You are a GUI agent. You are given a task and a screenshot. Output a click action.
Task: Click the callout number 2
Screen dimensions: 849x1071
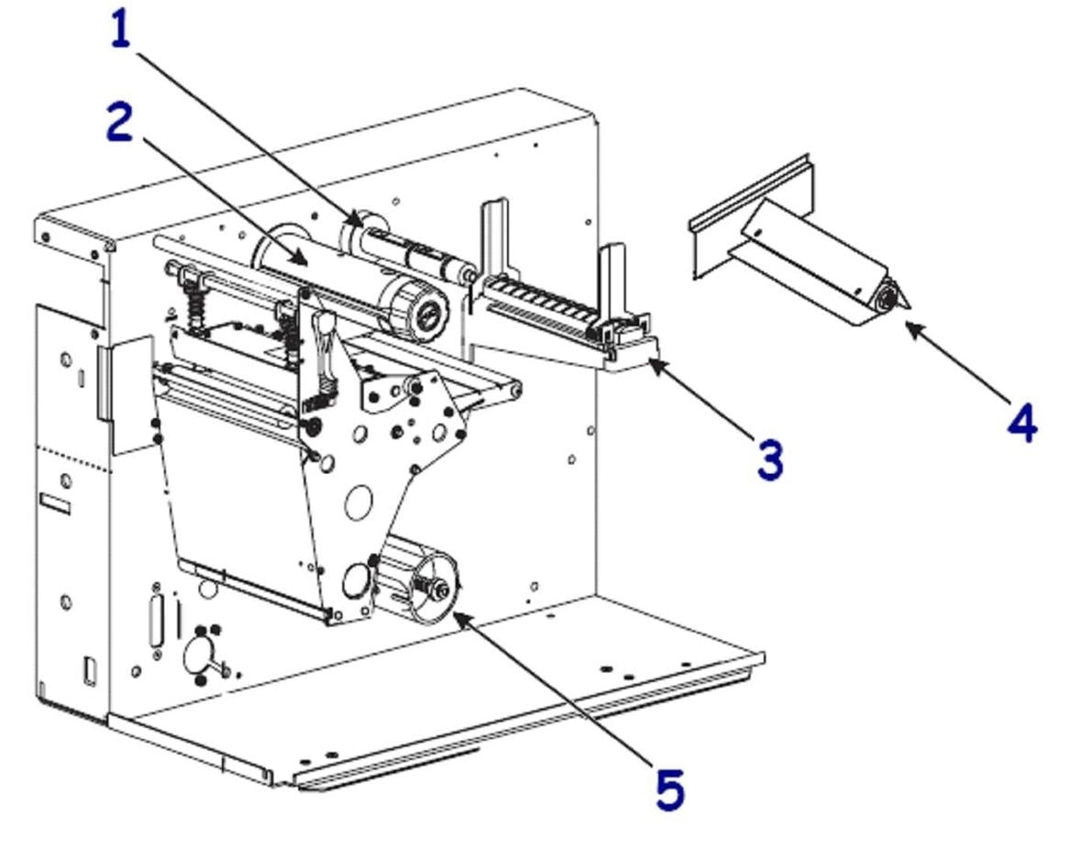pos(119,123)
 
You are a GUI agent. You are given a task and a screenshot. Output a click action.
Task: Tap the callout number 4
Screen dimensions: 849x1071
pos(1021,423)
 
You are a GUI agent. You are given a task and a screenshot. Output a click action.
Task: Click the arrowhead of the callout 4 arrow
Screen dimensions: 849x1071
pos(908,322)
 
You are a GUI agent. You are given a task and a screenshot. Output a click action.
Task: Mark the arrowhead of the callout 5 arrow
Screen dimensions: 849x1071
pos(456,614)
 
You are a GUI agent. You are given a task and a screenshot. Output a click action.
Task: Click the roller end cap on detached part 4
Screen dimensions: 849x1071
pos(887,298)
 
